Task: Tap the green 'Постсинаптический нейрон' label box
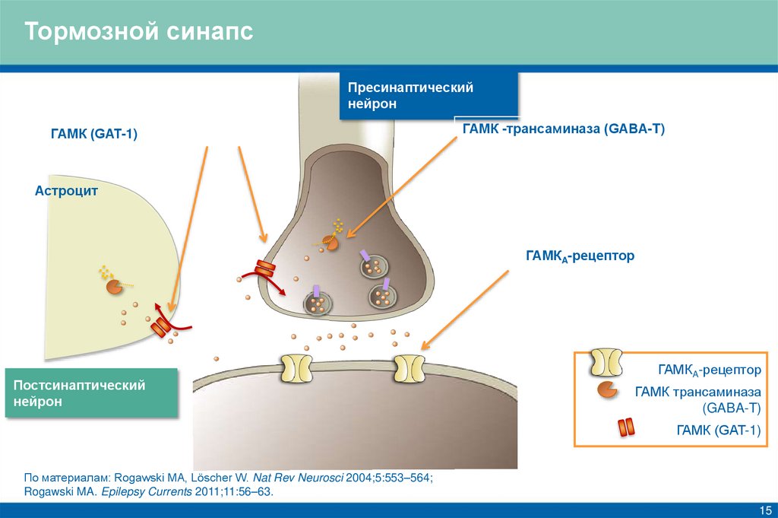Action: [x=91, y=393]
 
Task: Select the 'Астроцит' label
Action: [x=66, y=191]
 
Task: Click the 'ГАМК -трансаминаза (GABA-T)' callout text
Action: [x=563, y=129]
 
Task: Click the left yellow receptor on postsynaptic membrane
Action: [x=296, y=367]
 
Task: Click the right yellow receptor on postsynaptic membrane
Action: [x=409, y=367]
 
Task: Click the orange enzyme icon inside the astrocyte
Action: [x=113, y=287]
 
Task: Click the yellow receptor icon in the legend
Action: [x=606, y=363]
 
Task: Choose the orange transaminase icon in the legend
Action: [x=606, y=390]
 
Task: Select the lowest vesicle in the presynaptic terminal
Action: [x=318, y=303]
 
